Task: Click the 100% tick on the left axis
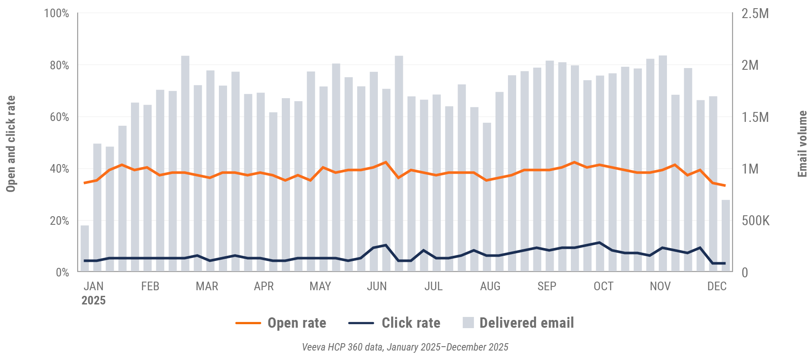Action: [56, 13]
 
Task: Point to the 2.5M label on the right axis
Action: [755, 14]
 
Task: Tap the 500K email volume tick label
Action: [755, 221]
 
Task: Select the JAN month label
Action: [93, 286]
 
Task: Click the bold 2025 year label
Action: [93, 301]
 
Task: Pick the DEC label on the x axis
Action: [717, 286]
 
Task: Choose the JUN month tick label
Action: [377, 286]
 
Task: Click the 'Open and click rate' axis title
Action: [11, 144]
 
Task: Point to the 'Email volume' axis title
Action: [802, 144]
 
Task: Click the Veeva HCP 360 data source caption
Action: [405, 347]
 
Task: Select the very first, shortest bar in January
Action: [85, 248]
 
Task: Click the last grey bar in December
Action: [726, 236]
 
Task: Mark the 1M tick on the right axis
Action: [750, 169]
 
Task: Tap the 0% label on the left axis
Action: [62, 273]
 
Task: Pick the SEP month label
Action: [547, 286]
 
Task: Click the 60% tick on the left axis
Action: [59, 117]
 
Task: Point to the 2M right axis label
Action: [750, 65]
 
